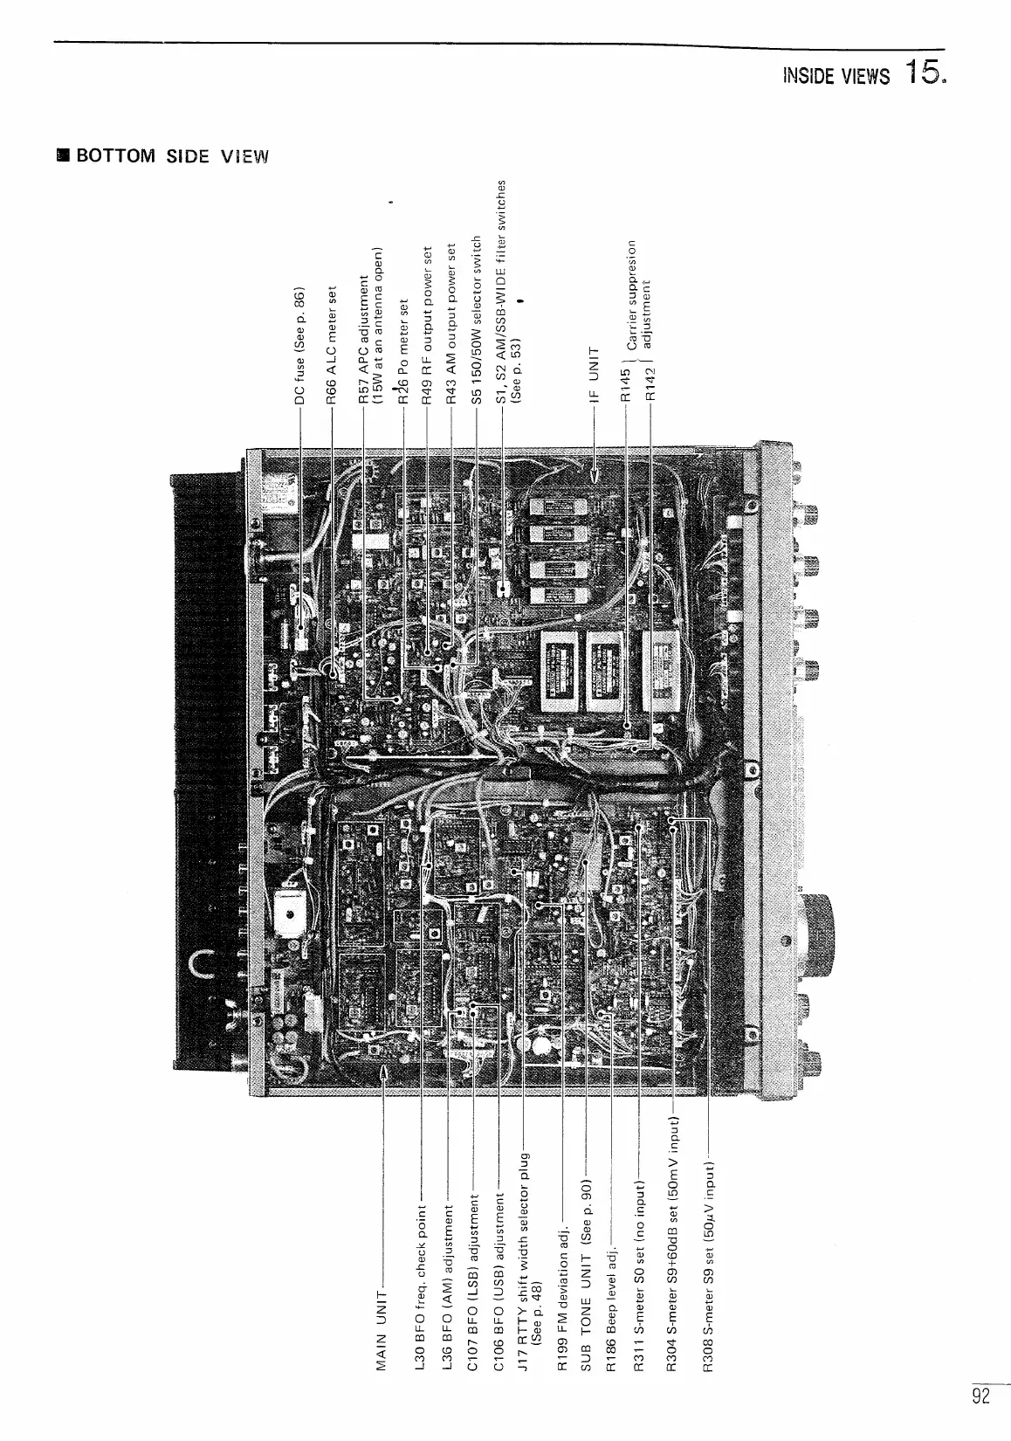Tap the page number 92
[981, 1396]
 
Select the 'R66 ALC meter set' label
[332, 344]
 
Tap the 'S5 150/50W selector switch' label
[477, 318]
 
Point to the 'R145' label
[625, 384]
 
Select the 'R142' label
[650, 384]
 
